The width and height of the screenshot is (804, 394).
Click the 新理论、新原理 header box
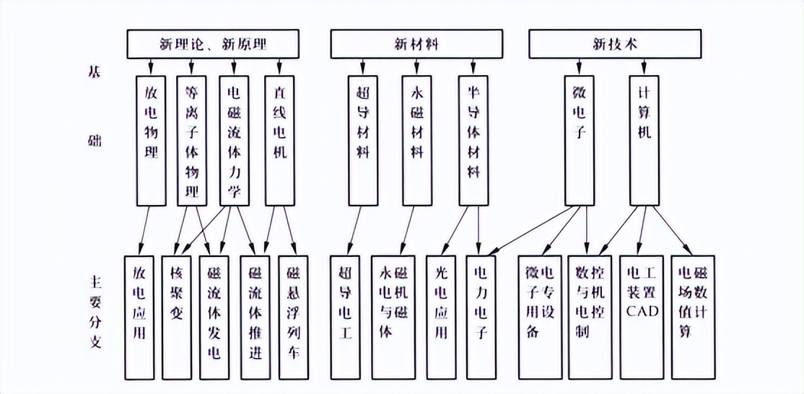tap(213, 44)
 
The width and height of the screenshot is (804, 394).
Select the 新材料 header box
tap(416, 44)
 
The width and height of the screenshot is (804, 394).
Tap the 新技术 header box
tap(615, 44)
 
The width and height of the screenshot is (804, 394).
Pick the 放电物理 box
tap(151, 140)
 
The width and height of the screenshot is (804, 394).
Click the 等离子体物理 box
tap(192, 140)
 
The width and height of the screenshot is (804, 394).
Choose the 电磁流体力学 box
tap(234, 140)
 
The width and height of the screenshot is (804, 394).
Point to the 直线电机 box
tap(279, 140)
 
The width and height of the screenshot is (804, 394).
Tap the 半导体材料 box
tap(473, 140)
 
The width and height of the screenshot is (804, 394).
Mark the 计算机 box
tap(644, 140)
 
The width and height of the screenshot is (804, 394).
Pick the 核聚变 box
tap(177, 317)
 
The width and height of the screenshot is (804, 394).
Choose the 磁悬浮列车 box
tap(292, 317)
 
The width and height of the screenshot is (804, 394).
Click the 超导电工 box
tap(345, 317)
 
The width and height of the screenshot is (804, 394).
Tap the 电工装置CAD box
tap(641, 317)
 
